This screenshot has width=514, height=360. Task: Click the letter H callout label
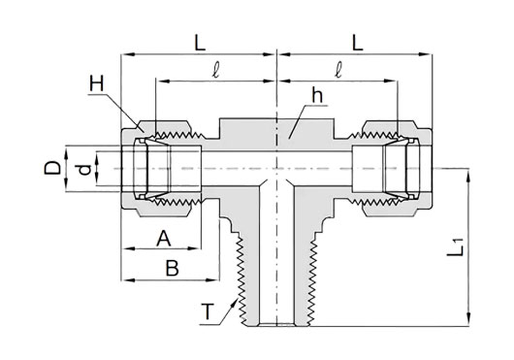[97, 83]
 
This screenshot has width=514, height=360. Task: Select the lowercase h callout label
[317, 96]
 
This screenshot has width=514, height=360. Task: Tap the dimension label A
[164, 239]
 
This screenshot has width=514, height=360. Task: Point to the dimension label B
[172, 268]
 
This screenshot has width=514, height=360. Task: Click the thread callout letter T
[208, 311]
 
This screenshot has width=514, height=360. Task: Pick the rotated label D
[52, 168]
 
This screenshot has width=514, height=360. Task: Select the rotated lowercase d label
[85, 170]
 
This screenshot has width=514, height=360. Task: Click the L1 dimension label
[455, 247]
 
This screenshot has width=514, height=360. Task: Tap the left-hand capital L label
[200, 43]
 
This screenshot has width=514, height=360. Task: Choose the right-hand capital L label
[357, 43]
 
